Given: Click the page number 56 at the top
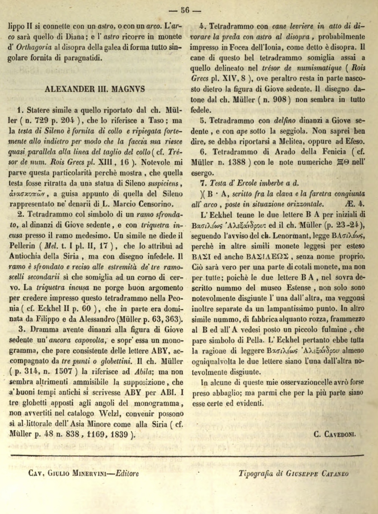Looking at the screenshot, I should point(185,11).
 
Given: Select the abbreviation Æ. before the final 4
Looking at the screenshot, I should point(350,204).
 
